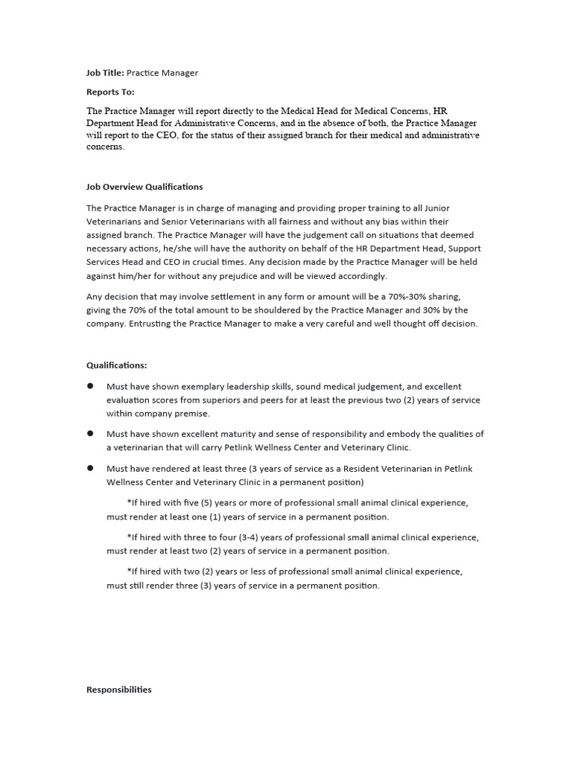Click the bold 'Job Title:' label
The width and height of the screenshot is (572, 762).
pos(105,73)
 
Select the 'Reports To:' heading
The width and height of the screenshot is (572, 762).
pos(111,92)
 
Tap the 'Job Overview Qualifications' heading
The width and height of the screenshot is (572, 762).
pos(144,187)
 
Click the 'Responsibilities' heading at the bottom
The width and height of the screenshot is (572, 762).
pos(119,690)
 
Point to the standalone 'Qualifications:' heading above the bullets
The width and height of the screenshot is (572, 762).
pos(117,365)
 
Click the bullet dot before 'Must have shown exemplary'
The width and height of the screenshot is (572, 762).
pos(90,386)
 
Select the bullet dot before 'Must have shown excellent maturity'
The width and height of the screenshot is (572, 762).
pos(90,434)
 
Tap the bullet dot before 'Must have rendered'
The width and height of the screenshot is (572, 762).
pos(90,468)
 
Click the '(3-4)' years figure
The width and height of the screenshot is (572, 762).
pos(250,537)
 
